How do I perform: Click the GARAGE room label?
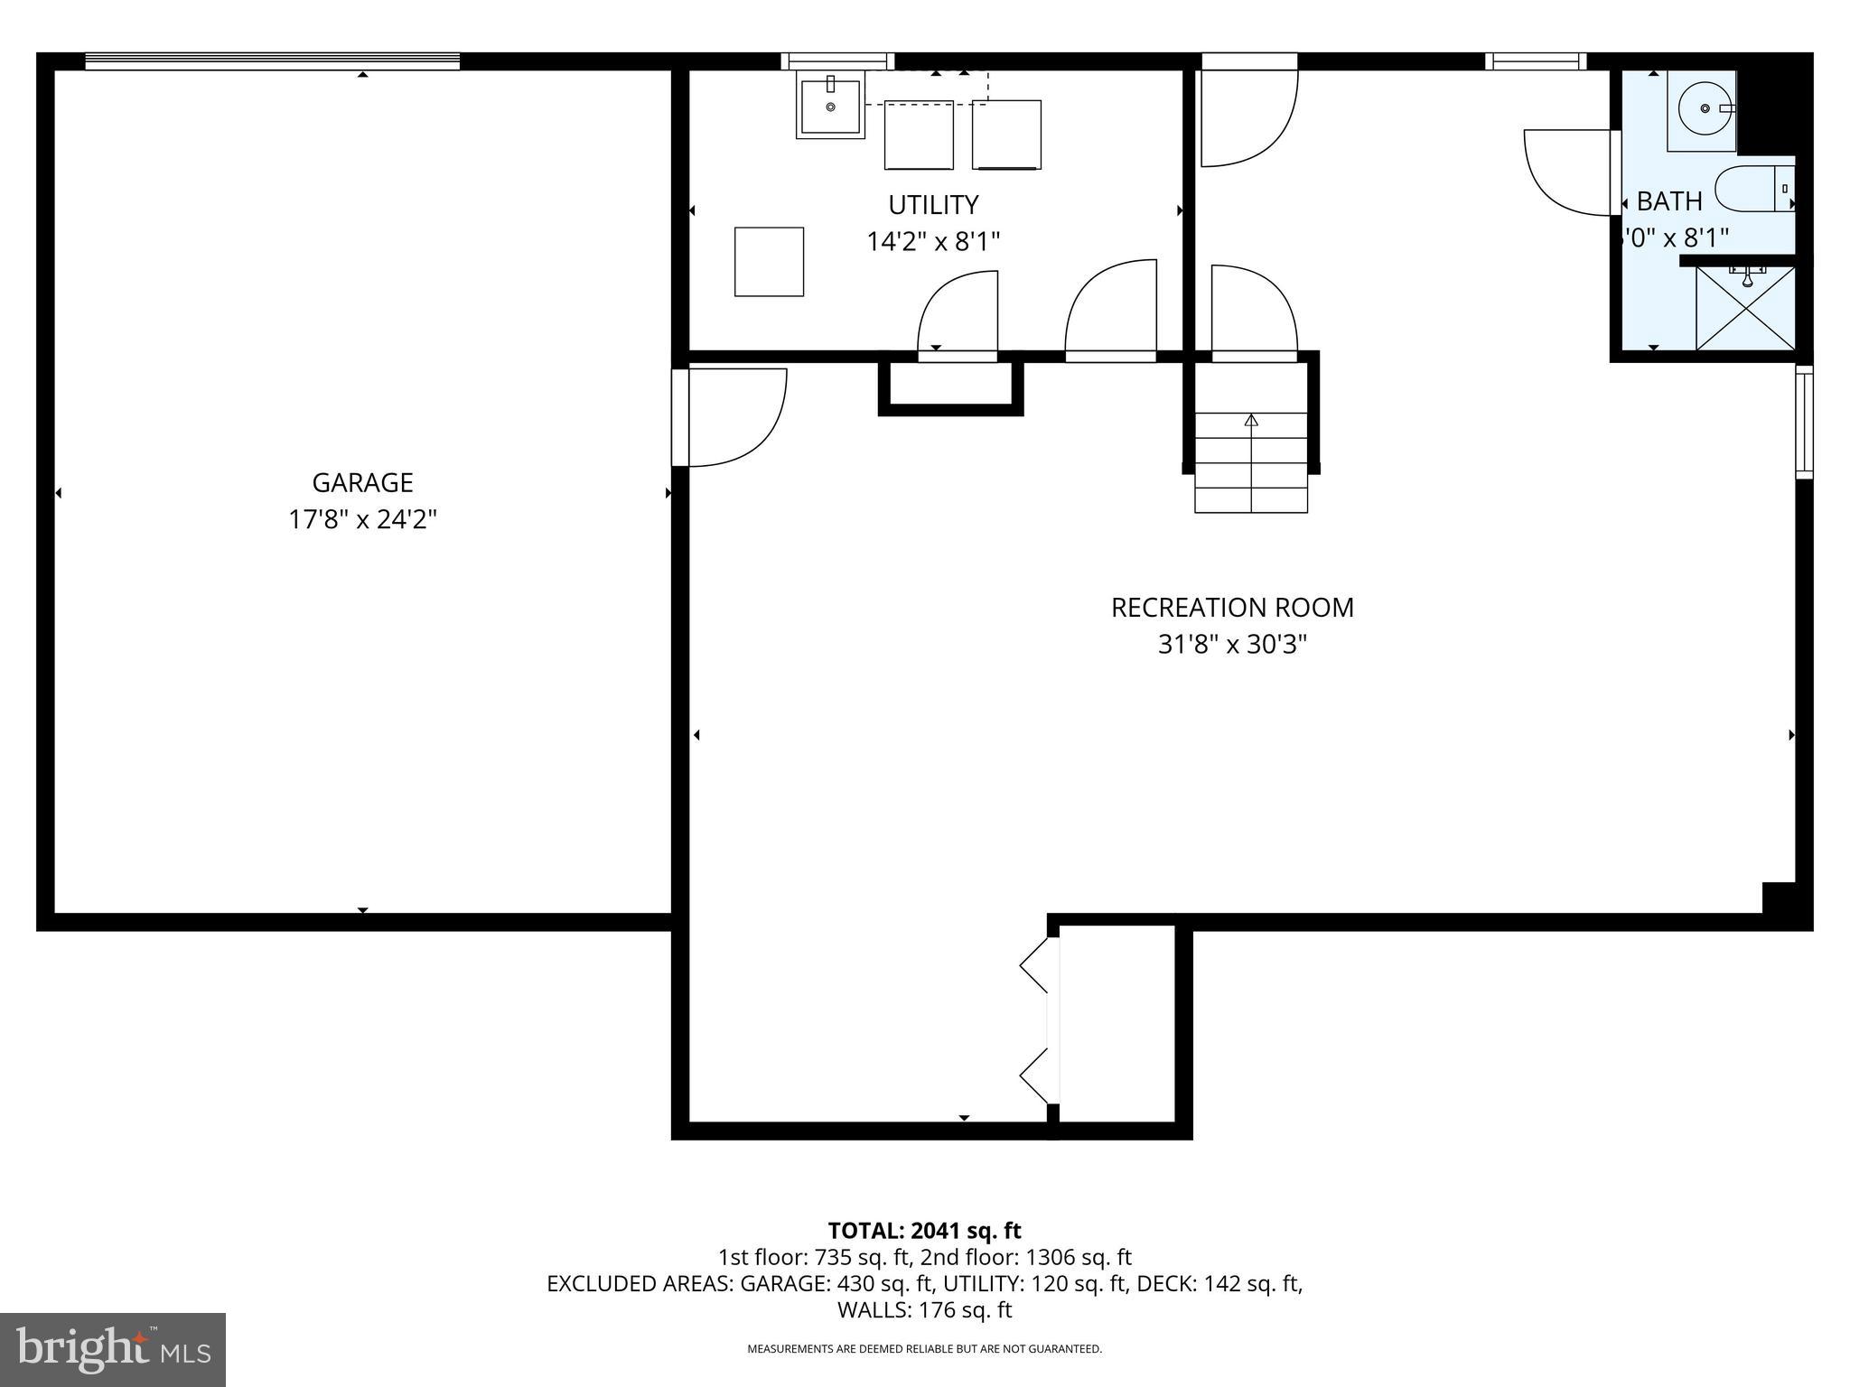[362, 483]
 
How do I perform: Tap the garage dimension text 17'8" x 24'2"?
[362, 520]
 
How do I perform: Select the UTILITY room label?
[933, 206]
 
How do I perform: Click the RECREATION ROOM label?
[1232, 608]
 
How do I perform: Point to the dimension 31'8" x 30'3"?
[1232, 645]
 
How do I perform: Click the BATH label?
[1669, 200]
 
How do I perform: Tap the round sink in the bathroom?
[1702, 108]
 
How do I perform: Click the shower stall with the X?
[1745, 309]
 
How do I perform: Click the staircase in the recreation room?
[1251, 461]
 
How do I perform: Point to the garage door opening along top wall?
[272, 61]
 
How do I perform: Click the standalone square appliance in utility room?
[769, 262]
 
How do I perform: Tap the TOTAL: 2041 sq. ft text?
[924, 1231]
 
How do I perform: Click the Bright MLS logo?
[113, 1349]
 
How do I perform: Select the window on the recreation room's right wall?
[1803, 422]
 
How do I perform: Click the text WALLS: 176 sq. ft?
[924, 1310]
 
